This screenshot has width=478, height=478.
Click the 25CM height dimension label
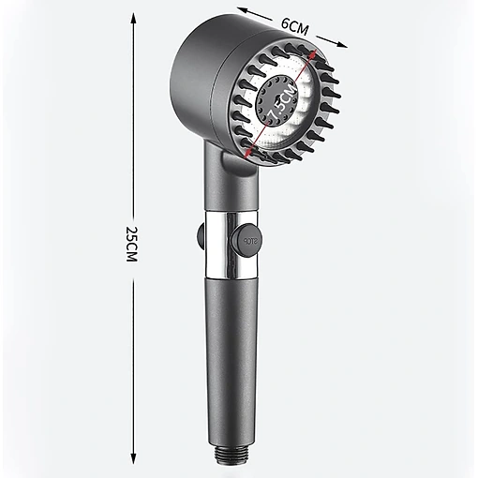[131, 244]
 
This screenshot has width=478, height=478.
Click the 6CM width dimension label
[294, 26]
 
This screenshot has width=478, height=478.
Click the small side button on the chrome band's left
[201, 236]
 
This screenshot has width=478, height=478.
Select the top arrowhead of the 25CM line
[133, 18]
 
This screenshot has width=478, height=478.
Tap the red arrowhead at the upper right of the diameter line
[314, 53]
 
